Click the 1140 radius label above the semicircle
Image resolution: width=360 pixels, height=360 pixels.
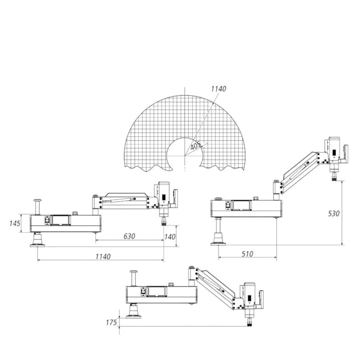219,89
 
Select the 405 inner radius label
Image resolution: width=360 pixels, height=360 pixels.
196,145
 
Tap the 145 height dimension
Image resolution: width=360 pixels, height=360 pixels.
15,223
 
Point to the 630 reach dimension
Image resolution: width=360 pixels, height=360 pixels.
129,236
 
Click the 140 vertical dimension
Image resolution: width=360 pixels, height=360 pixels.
170,236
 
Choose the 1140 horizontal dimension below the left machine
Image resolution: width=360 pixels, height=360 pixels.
103,256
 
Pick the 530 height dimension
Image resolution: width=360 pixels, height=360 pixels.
333,214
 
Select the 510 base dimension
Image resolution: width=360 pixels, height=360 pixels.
247,254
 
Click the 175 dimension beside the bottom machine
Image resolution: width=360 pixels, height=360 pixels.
111,322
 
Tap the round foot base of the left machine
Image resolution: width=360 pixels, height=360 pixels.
38,240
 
